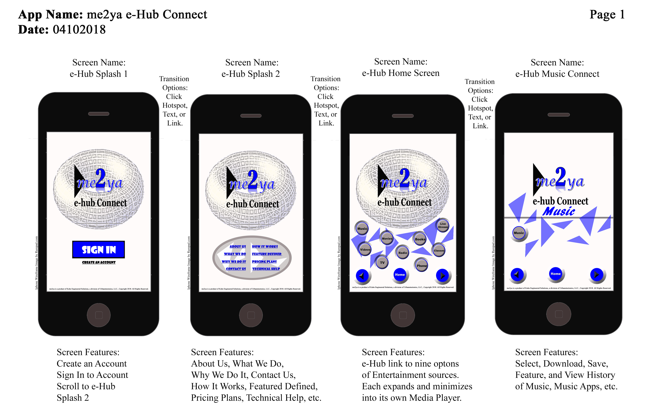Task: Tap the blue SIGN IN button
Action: coord(99,249)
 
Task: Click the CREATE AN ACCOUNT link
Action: coord(99,262)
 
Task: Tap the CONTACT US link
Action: coord(236,269)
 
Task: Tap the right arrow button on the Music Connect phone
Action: coord(596,274)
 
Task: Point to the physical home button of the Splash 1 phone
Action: coord(99,315)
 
